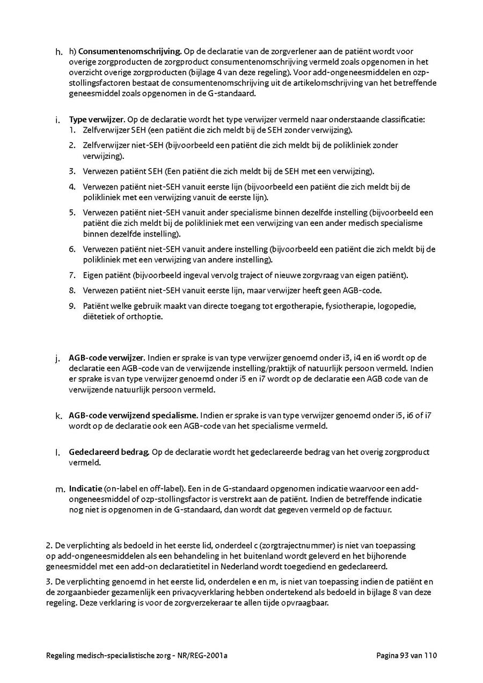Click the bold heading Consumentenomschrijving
click(129, 52)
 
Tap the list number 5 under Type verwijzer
click(71, 213)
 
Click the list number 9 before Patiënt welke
click(71, 306)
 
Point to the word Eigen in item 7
click(92, 276)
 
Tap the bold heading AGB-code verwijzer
click(107, 358)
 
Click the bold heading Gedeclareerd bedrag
click(109, 452)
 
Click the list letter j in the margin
click(57, 358)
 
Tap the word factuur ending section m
click(378, 510)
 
